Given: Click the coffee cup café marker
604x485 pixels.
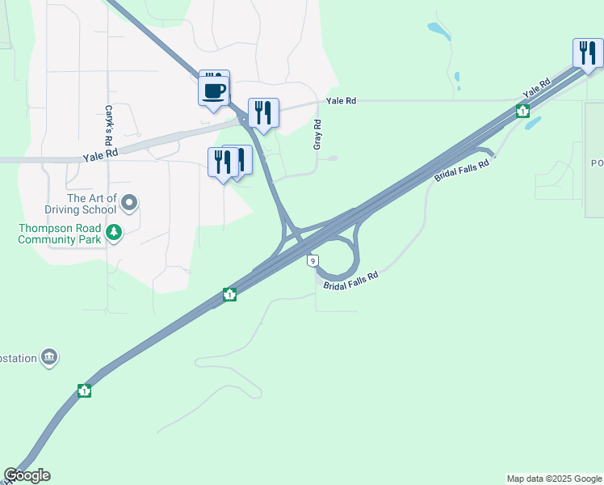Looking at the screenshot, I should coord(214,91).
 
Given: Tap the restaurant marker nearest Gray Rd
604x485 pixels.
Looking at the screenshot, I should coord(263,113).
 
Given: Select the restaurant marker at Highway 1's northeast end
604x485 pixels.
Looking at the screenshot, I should coord(587,53).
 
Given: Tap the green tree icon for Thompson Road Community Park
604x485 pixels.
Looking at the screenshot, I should coord(115,234).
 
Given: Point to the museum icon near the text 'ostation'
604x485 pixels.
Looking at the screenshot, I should coord(49,356).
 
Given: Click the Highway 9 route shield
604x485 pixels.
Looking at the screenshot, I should coord(312,260).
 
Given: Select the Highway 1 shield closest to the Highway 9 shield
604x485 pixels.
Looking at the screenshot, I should coord(230,294).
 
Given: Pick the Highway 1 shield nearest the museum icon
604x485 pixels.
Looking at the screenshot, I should coord(84,391).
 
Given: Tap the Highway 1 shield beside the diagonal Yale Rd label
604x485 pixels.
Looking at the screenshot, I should coord(522,111).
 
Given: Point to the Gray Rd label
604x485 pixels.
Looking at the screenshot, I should coord(317,134).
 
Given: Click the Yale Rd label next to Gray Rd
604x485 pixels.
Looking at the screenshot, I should coord(341,101).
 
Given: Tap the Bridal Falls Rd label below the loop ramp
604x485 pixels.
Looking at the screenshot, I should coord(351,282).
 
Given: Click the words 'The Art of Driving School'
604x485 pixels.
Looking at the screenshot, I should coord(92,204).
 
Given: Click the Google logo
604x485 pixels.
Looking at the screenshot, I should coord(27,475).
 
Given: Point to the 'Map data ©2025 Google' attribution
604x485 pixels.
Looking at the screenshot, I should coord(554,479).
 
